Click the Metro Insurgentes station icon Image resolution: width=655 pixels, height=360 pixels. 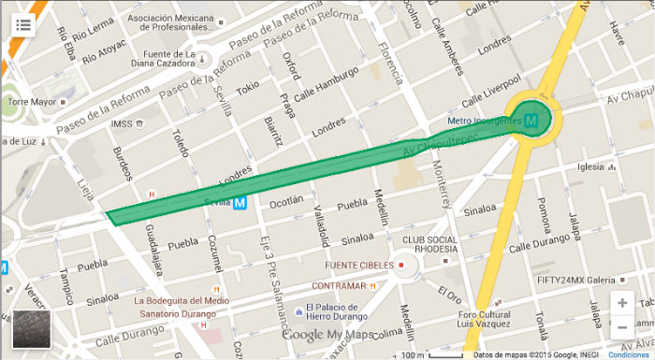click(531, 121)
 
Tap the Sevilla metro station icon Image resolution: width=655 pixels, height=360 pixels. click(240, 202)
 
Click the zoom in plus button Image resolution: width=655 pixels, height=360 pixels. click(622, 303)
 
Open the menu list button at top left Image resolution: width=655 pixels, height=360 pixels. click(22, 24)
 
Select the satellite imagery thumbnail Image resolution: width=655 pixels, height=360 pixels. click(31, 329)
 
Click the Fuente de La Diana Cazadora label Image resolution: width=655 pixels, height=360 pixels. click(165, 59)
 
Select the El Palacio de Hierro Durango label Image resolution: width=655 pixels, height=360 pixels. click(327, 312)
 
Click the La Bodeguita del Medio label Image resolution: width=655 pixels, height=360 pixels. click(182, 300)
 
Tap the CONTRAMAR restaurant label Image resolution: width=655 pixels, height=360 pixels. click(338, 285)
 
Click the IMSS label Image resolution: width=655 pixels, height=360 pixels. click(122, 123)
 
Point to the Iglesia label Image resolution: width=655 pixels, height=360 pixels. click(592, 167)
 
